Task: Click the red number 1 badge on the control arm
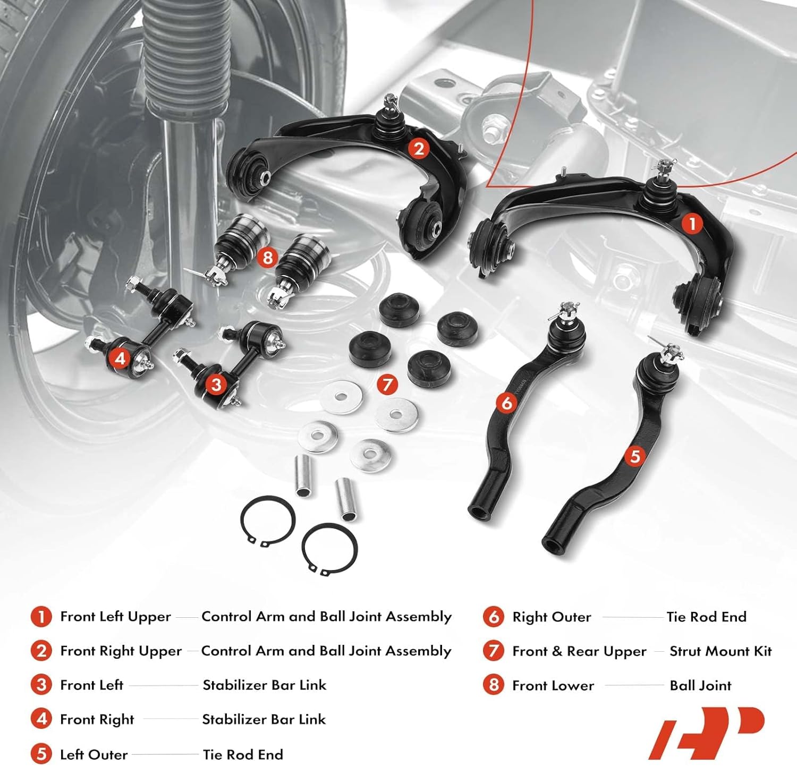pos(692,224)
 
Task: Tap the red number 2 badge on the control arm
pos(419,149)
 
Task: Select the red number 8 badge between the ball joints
pos(267,258)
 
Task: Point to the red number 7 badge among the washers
pos(387,384)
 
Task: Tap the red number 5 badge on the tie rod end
pos(635,456)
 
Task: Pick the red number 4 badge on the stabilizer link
pos(120,359)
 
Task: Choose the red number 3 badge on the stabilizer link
pos(216,384)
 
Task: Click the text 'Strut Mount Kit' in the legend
pos(720,651)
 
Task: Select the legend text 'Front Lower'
pos(553,686)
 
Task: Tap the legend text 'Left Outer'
pos(94,754)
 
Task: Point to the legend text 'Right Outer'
pos(551,617)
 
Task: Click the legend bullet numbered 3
pos(41,685)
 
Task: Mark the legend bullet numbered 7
pos(494,651)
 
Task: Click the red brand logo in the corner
pos(706,733)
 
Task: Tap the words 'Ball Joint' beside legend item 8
pos(700,686)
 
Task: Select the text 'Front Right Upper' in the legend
pos(121,651)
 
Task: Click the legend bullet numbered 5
pos(41,754)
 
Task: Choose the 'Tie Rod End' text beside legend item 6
pos(706,617)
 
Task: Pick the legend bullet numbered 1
pos(41,617)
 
